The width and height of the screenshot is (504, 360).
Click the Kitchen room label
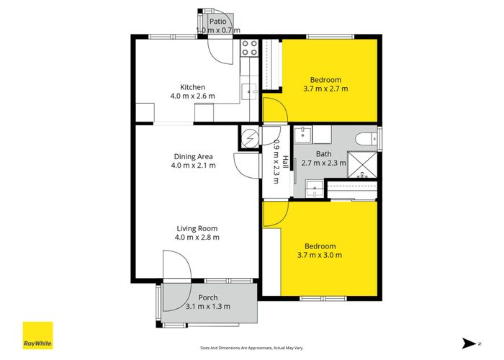(192, 87)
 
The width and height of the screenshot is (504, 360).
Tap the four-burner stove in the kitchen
(249, 48)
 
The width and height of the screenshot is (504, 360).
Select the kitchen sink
(249, 91)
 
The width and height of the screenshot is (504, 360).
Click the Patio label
(218, 22)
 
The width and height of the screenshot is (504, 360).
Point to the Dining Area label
(193, 156)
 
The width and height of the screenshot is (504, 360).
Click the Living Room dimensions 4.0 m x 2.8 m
(197, 238)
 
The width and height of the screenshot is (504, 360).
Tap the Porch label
(208, 297)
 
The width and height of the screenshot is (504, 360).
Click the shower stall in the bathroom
(363, 165)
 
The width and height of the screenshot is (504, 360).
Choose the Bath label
(323, 154)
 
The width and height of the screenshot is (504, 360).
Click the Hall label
(285, 162)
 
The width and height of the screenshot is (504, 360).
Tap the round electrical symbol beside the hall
(250, 138)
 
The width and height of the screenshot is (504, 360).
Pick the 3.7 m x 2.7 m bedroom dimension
(325, 89)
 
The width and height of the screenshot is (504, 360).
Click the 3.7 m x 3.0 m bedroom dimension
(320, 255)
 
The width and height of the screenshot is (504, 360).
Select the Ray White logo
(37, 336)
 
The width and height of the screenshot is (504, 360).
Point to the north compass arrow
(469, 343)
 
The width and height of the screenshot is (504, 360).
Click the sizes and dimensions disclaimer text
(252, 348)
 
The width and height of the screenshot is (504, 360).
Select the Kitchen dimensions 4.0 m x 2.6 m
(192, 96)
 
